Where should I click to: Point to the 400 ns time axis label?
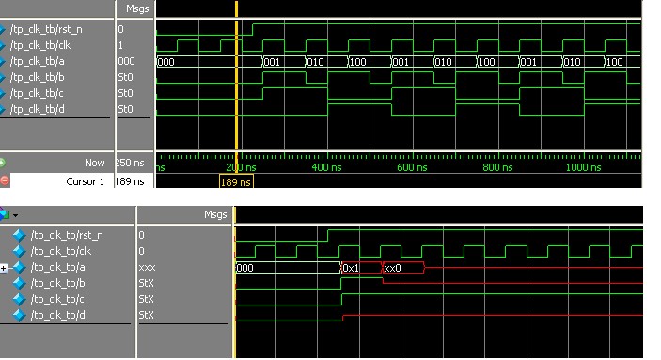(325, 167)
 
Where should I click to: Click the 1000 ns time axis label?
(583, 167)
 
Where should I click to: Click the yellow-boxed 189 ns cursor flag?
(236, 182)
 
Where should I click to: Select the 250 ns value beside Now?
(132, 164)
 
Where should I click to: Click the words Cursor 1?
(86, 180)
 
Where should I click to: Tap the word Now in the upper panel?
(95, 164)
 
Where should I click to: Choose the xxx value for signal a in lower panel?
(147, 267)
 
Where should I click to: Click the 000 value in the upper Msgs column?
(127, 61)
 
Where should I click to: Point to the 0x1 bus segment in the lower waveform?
(351, 268)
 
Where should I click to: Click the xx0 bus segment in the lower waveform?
(392, 268)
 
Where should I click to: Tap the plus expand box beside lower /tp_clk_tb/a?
(7, 268)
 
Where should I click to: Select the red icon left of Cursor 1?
(5, 180)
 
